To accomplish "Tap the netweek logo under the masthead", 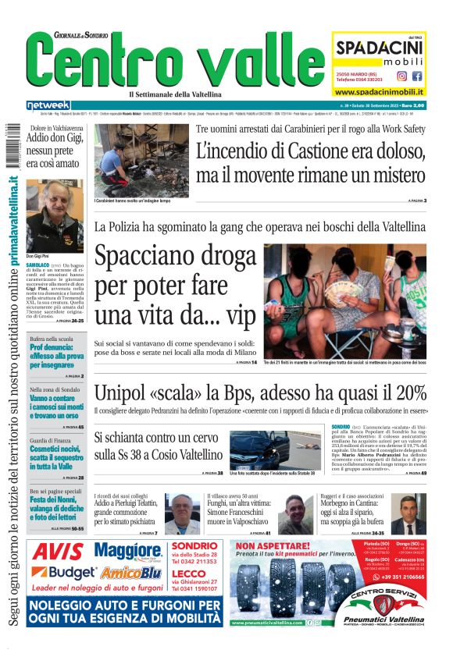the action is click(x=48, y=105).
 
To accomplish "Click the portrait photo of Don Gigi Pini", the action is click(x=55, y=216).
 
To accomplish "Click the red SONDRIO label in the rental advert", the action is click(x=188, y=546).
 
